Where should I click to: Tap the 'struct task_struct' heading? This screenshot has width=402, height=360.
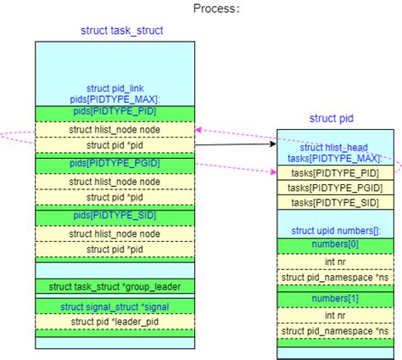122,31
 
